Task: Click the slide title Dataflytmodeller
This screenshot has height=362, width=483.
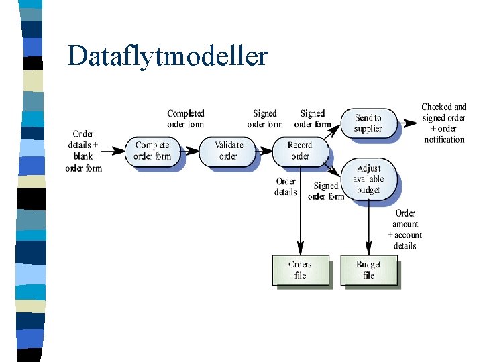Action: coord(167,56)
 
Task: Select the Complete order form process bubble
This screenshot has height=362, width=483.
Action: coord(152,151)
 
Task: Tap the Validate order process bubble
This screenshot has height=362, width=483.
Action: coord(229,151)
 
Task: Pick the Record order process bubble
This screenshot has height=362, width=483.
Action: coord(300,151)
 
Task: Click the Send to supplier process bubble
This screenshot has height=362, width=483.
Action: coord(368,123)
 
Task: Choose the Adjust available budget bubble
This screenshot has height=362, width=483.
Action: coord(368,179)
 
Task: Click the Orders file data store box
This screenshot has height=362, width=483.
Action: coord(300,270)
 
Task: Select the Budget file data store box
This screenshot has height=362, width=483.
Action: coord(368,270)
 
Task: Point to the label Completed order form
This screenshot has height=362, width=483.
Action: coord(186,119)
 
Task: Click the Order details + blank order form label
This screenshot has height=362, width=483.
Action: coord(84,151)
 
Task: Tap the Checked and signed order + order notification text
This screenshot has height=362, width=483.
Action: coord(444,123)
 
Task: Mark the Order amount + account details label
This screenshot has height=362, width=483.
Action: coord(405,230)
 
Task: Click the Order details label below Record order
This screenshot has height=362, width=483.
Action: coord(286,186)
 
